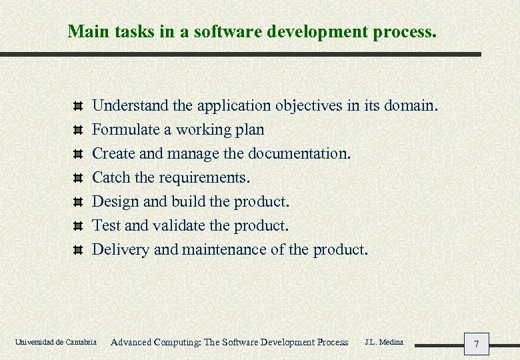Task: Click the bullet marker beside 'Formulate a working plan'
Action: [77, 130]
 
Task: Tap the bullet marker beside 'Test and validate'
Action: [77, 226]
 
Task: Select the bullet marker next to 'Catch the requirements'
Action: [77, 178]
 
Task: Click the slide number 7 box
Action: [476, 344]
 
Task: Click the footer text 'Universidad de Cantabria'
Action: [55, 342]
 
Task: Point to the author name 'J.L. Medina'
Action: [384, 342]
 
